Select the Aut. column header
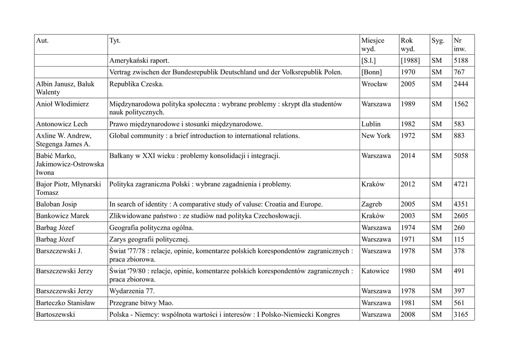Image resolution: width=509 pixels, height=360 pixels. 42,41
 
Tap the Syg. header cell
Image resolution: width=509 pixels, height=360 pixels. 437,41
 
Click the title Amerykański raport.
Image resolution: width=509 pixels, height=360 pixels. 139,61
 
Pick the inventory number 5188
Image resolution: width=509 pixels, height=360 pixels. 461,61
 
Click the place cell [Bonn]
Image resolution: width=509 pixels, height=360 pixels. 372,73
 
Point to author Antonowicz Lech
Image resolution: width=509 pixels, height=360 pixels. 62,124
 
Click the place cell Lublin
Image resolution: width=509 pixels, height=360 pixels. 371,124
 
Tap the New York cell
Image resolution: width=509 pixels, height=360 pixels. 376,136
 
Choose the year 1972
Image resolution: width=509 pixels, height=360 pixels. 408,136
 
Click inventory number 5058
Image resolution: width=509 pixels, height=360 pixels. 461,156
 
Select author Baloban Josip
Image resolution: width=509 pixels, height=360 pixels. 56,204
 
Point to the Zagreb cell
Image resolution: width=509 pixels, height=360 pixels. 372,204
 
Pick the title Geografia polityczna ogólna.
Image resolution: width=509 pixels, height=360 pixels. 151,228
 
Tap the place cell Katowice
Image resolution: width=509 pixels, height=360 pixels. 375,271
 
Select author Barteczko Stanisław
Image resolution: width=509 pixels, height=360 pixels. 65,303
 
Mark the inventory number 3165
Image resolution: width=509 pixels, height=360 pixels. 461,315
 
